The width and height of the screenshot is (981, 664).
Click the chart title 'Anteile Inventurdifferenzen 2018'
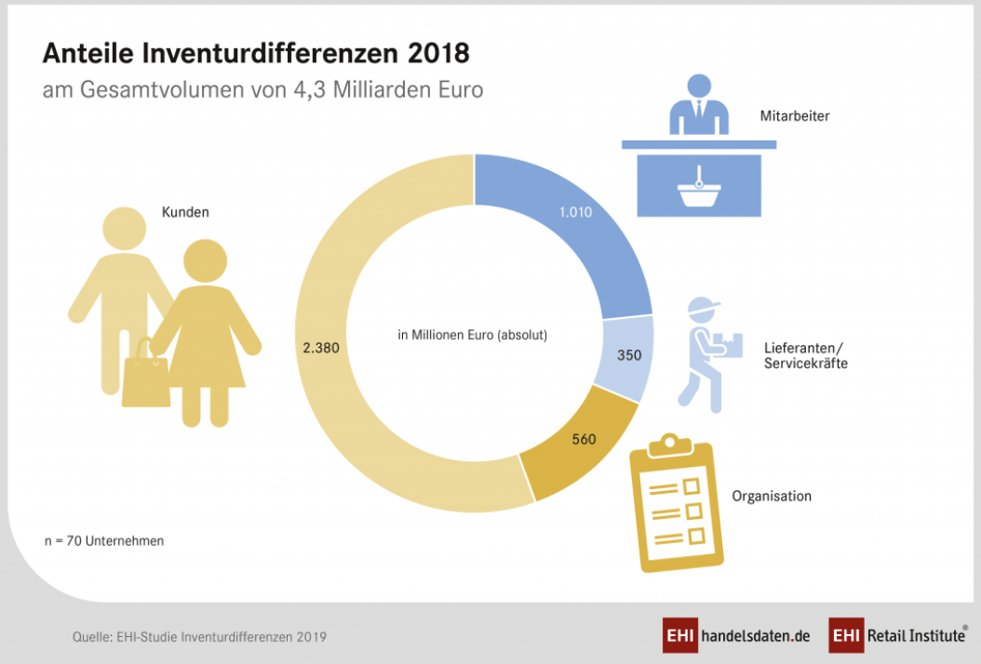256,54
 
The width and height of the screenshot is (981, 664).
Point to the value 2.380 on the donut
320,347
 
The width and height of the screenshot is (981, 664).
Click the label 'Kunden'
185,212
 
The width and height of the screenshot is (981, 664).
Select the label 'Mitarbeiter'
794,117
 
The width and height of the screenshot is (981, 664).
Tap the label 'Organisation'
772,496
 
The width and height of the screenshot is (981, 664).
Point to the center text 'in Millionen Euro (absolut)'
472,335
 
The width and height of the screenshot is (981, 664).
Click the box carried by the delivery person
733,344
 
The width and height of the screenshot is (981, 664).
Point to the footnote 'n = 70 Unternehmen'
104,540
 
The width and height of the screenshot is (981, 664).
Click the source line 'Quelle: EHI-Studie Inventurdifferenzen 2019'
199,637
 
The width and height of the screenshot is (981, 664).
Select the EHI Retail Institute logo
897,636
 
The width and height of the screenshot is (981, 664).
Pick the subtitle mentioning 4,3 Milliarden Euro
262,91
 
